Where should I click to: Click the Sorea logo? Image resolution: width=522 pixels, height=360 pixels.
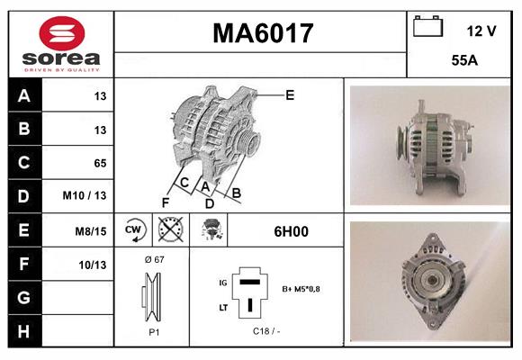pos(61,44)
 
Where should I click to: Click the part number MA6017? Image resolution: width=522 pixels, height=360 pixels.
pos(262,34)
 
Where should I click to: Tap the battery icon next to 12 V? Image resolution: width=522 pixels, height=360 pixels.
pos(427,28)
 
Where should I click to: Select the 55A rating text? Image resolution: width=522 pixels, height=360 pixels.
pos(463,63)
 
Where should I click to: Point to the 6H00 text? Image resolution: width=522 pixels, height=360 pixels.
pos(291,231)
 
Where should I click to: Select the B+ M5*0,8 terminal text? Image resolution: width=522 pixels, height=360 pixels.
pos(300,290)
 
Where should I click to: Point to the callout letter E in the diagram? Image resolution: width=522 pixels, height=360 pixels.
pos(289,94)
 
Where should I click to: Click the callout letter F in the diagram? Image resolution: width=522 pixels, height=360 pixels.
pos(165,202)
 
